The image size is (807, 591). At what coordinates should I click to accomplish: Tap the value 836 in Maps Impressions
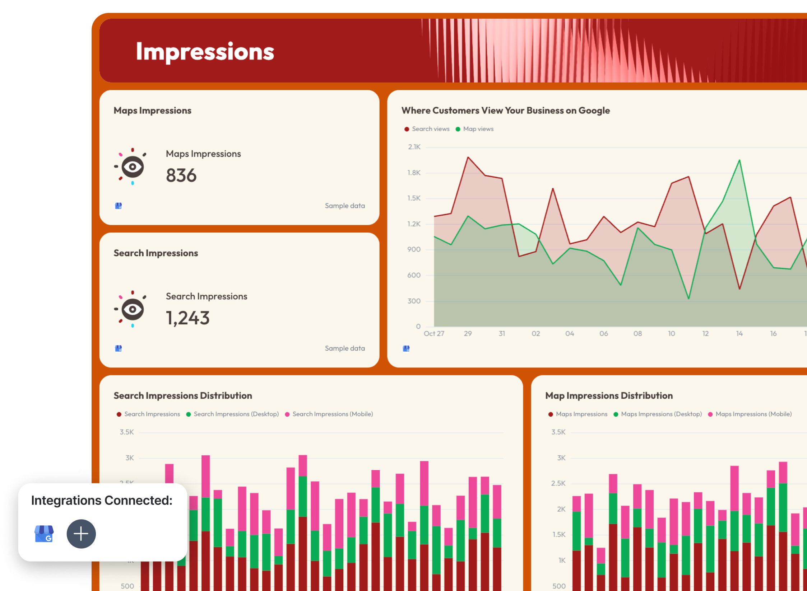click(181, 175)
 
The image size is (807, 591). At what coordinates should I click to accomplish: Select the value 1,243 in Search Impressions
click(187, 318)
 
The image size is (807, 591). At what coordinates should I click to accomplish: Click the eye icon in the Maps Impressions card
click(132, 167)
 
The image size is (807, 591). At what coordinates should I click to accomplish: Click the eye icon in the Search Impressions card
click(132, 309)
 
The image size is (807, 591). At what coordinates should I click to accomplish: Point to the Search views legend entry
click(427, 129)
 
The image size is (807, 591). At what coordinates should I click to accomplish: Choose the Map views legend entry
click(475, 129)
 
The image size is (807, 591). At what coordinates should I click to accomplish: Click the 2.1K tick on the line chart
click(414, 147)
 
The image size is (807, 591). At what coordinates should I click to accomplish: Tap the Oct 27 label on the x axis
click(434, 333)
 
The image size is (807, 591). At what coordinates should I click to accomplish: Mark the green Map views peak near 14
click(739, 160)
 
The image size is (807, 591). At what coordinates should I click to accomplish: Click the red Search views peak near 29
click(468, 157)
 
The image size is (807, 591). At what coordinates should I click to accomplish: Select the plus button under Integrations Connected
click(81, 534)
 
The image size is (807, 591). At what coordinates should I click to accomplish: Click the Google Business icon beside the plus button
click(44, 534)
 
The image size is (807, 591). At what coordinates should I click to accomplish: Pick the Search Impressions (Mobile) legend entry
click(329, 414)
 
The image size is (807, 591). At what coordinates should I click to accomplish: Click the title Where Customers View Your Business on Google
click(505, 111)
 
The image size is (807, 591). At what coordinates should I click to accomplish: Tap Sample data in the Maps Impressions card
click(345, 206)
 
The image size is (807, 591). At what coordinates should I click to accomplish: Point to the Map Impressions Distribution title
click(609, 395)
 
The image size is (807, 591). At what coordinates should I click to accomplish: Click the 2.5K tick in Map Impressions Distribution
click(558, 483)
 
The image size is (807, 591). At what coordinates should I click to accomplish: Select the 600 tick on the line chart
click(414, 275)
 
